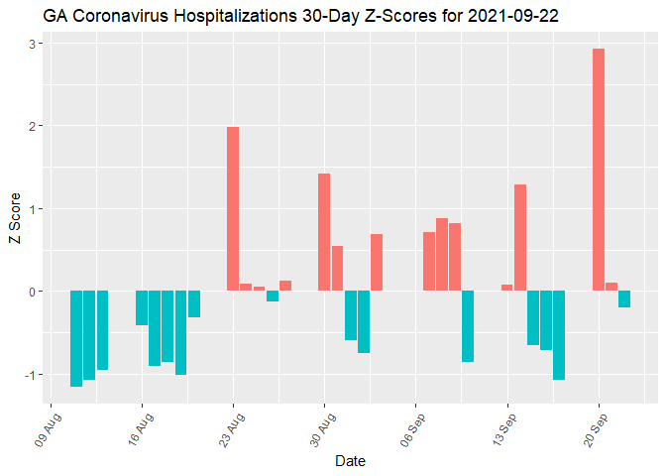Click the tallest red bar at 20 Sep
599,170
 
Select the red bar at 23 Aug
233,208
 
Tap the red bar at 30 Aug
324,232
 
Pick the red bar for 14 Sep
520,238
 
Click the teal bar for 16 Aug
142,308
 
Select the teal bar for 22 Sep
624,299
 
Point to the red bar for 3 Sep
377,263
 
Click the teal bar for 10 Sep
468,326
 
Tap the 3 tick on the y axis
33,44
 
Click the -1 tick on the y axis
31,374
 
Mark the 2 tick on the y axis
33,126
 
